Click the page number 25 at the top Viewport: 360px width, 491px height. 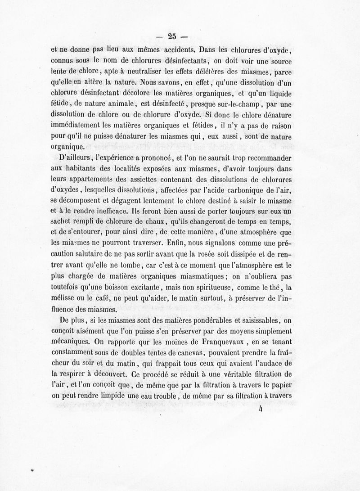tap(171, 37)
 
